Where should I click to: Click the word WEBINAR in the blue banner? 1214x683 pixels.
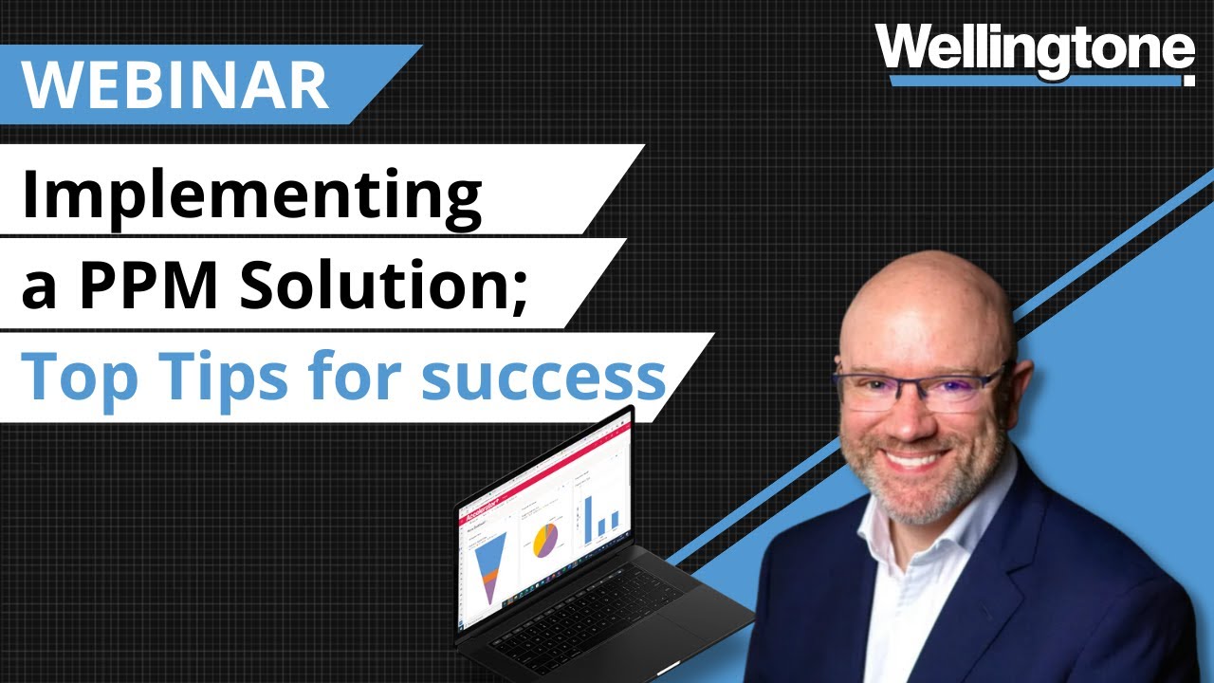[175, 84]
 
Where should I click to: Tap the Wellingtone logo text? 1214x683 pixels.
[1034, 49]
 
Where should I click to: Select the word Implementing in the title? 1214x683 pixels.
[251, 196]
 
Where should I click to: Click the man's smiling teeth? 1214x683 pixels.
[912, 459]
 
